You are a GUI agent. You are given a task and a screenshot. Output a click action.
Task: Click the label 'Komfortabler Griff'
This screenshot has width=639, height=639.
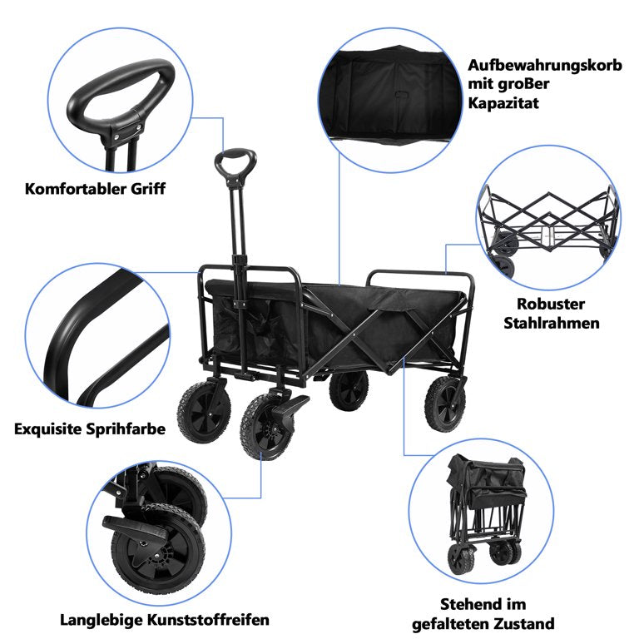click(95, 189)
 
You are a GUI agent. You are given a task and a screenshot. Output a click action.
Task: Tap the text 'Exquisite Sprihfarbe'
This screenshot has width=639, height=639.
click(90, 429)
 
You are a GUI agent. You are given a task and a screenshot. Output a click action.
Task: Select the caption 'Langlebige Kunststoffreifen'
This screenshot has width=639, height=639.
click(165, 620)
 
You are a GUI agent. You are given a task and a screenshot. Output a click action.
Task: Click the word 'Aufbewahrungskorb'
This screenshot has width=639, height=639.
click(544, 65)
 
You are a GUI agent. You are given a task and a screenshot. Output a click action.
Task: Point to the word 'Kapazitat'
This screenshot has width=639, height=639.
click(503, 103)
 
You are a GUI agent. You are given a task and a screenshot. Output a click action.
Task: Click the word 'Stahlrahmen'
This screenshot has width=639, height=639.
click(551, 323)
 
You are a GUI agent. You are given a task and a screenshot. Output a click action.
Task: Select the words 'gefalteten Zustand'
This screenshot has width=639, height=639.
click(483, 623)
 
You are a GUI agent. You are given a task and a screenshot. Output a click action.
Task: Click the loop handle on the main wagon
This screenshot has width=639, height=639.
click(236, 162)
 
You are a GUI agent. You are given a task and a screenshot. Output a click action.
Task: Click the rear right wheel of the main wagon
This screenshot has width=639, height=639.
click(446, 402)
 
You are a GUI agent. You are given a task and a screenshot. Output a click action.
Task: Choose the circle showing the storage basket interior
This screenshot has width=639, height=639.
click(391, 92)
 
